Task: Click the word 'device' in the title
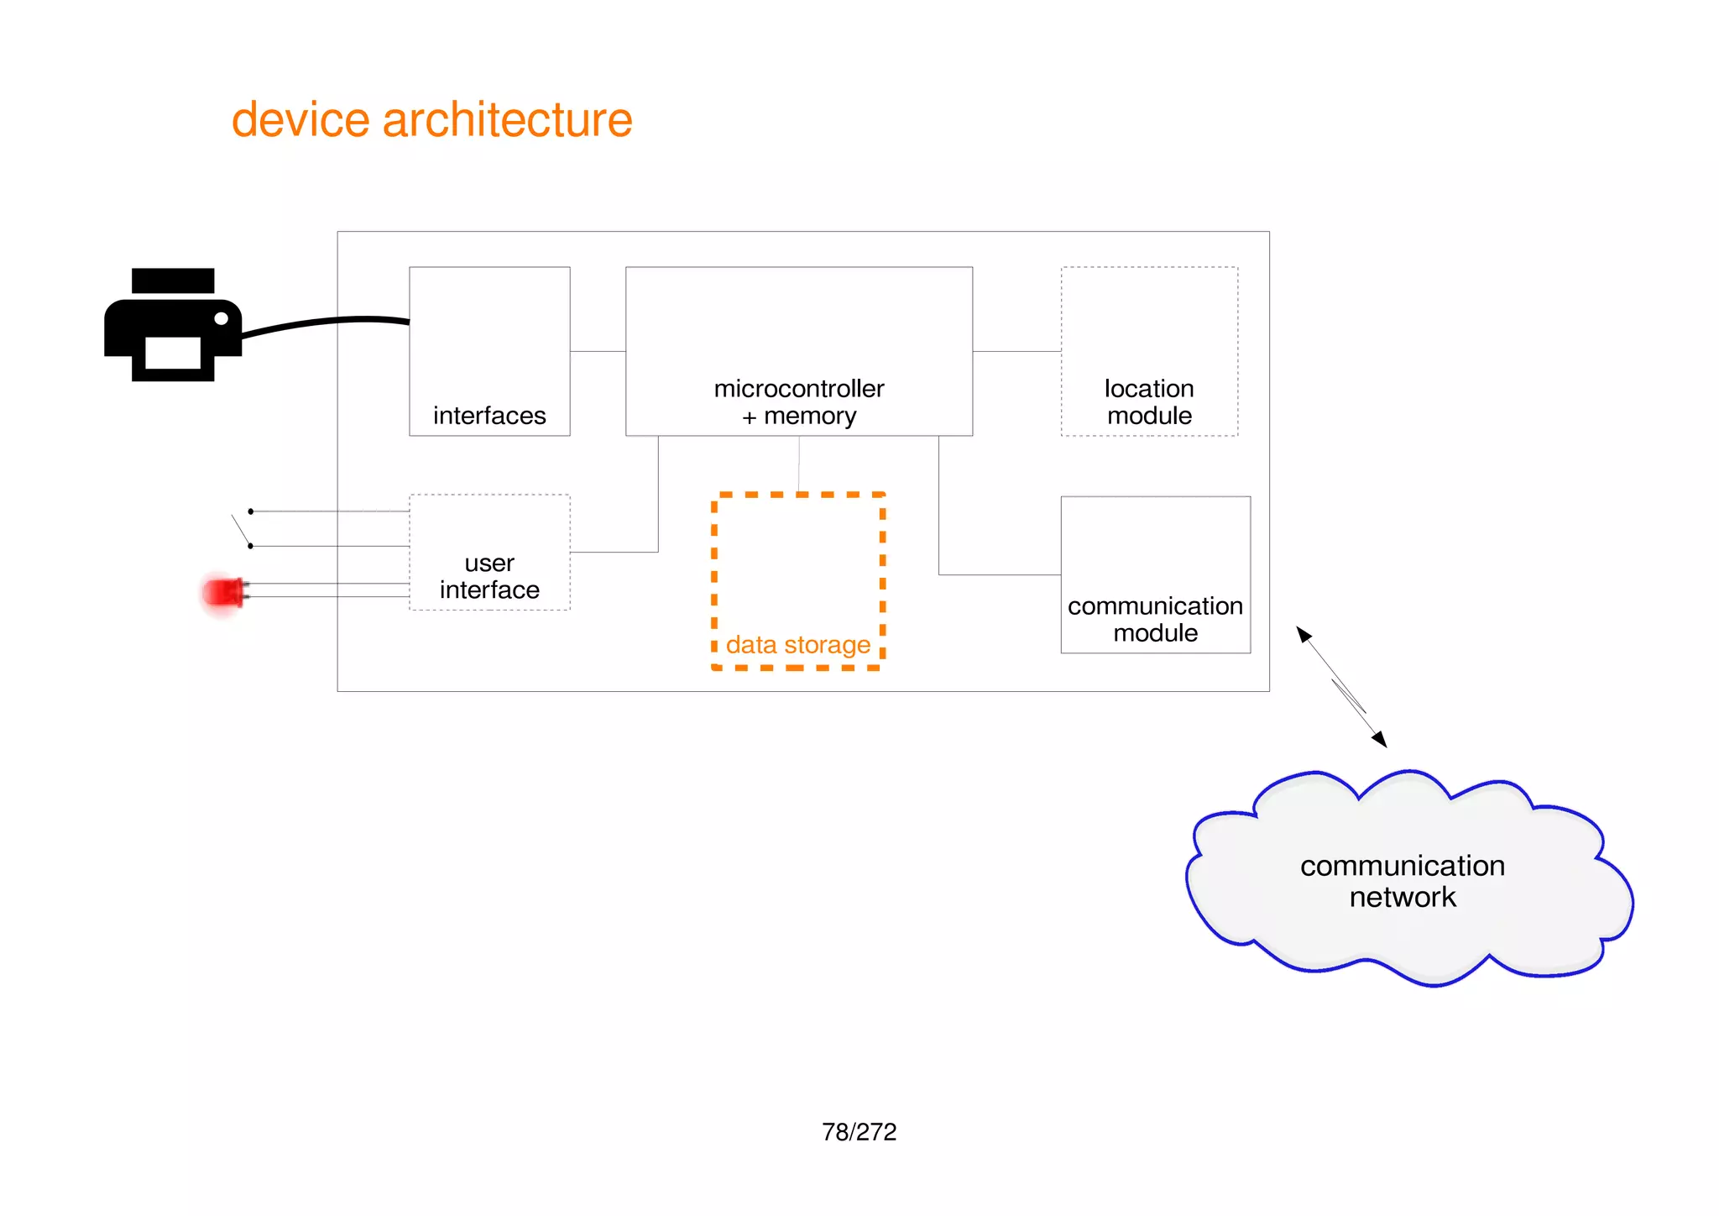(300, 119)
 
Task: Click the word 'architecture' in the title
(507, 119)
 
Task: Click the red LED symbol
(223, 592)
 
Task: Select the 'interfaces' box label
(489, 416)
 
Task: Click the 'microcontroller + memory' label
(799, 402)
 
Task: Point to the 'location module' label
(1149, 402)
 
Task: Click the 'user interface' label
(489, 576)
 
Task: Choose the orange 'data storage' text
(797, 645)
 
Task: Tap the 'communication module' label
(1155, 619)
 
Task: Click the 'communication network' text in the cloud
(1403, 881)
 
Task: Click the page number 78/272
(859, 1132)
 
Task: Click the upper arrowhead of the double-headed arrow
(1304, 635)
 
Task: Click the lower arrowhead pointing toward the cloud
(1379, 739)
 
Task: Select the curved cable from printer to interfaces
(327, 322)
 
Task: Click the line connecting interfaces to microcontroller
(598, 351)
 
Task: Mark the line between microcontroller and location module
(1016, 351)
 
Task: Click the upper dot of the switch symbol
(250, 511)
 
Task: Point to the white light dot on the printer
(222, 319)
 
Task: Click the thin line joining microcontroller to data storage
(799, 464)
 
